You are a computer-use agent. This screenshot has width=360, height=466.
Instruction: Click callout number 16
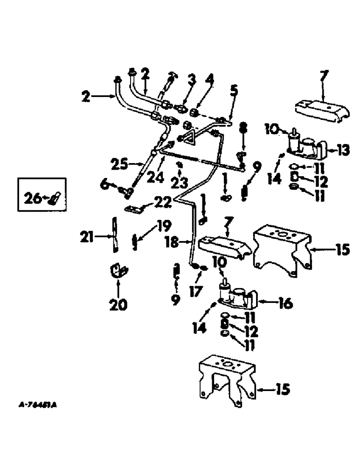click(286, 304)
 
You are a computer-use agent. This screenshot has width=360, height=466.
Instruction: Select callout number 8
click(242, 127)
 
